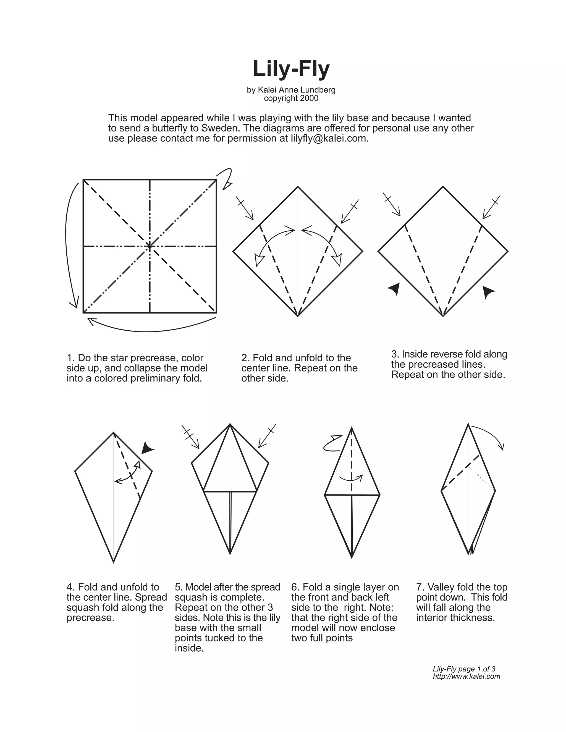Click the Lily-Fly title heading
(x=291, y=69)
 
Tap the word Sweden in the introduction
(x=219, y=128)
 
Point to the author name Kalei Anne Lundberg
(x=297, y=90)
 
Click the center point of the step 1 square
(x=150, y=246)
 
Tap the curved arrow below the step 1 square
(x=151, y=327)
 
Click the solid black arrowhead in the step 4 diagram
(x=147, y=448)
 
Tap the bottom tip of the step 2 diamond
(x=298, y=315)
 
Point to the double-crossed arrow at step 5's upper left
(x=190, y=436)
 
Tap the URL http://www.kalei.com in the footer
(x=467, y=676)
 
